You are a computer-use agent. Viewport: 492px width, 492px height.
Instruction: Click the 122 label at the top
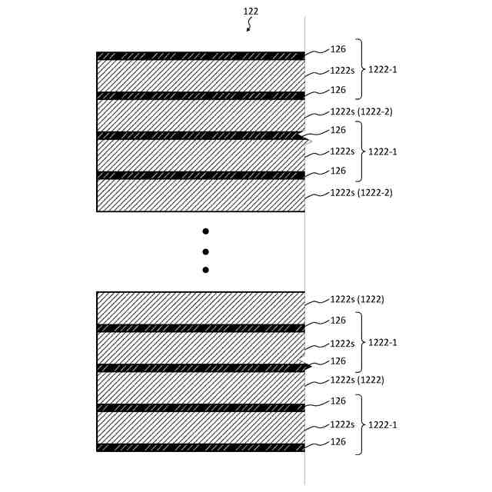[251, 12]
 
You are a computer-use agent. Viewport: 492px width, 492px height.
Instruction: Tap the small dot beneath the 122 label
[248, 30]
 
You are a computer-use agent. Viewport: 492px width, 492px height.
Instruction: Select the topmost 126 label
[337, 49]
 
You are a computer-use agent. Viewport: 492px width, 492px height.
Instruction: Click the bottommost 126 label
[337, 442]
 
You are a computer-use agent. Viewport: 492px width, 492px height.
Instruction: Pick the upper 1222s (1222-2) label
[361, 111]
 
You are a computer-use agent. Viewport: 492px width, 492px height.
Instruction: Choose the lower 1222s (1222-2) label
[361, 192]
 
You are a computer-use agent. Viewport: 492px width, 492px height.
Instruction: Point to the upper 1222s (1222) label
[357, 299]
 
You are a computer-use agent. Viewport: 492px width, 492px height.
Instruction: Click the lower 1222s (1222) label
[357, 380]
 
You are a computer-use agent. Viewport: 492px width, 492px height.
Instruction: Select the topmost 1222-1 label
[382, 70]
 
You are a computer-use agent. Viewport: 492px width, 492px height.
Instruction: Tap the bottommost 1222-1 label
[382, 424]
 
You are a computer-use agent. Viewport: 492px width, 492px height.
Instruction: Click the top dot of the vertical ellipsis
[205, 231]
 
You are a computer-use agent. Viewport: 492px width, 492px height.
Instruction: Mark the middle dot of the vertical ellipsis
[205, 251]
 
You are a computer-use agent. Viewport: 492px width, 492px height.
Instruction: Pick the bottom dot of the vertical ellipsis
[205, 270]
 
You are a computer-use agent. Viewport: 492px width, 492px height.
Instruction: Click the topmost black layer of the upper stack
[200, 56]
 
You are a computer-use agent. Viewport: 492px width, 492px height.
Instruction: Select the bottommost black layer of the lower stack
[200, 447]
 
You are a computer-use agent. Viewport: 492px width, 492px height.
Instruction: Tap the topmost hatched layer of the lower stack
[200, 308]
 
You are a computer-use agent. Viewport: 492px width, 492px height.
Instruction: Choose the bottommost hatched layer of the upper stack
[200, 195]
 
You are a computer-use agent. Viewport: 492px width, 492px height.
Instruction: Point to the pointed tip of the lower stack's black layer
[309, 367]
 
